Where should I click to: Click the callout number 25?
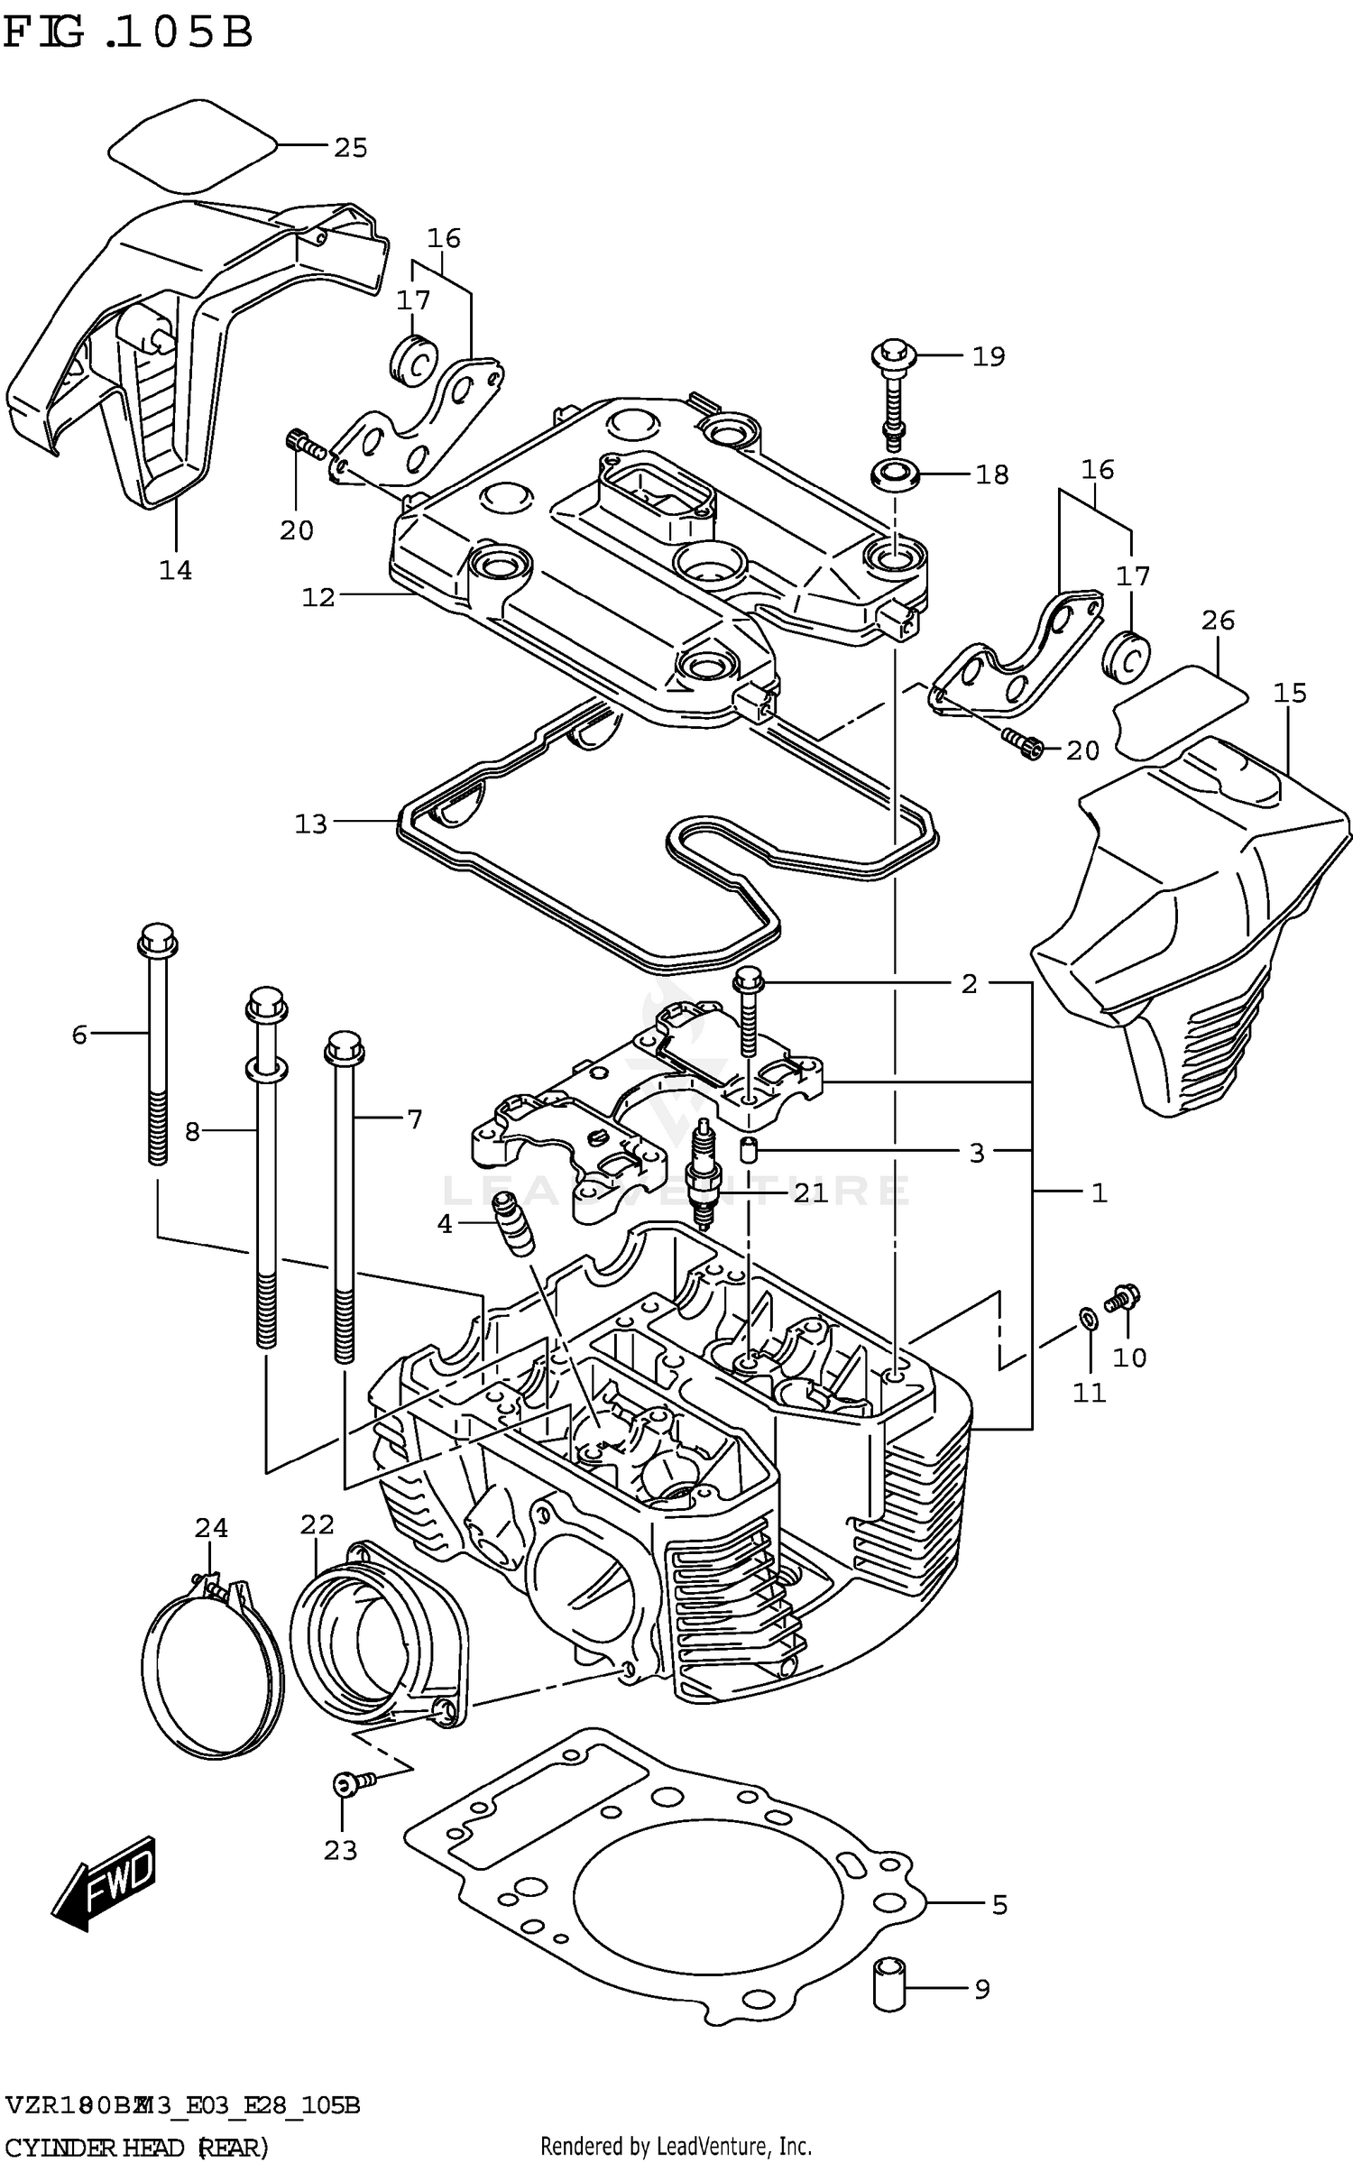350,148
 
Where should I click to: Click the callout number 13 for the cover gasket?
311,824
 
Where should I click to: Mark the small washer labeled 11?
1088,1321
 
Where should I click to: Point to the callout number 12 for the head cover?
318,596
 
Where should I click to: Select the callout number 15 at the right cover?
1290,693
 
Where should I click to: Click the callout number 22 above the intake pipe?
317,1525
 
